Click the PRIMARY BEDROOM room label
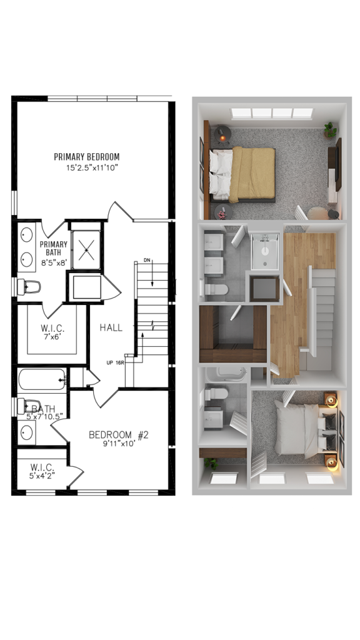87,157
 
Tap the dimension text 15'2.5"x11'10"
92,167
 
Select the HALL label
111,327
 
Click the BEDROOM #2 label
119,435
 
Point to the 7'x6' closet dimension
52,337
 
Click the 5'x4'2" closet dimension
42,476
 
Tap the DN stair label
147,261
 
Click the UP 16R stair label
116,362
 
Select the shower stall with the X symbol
86,250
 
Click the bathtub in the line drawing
42,379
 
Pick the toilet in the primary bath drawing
29,287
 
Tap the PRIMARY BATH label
54,248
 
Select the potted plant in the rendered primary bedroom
330,130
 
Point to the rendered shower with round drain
265,251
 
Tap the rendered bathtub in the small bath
226,374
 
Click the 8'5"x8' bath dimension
54,263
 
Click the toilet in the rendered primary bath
216,289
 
